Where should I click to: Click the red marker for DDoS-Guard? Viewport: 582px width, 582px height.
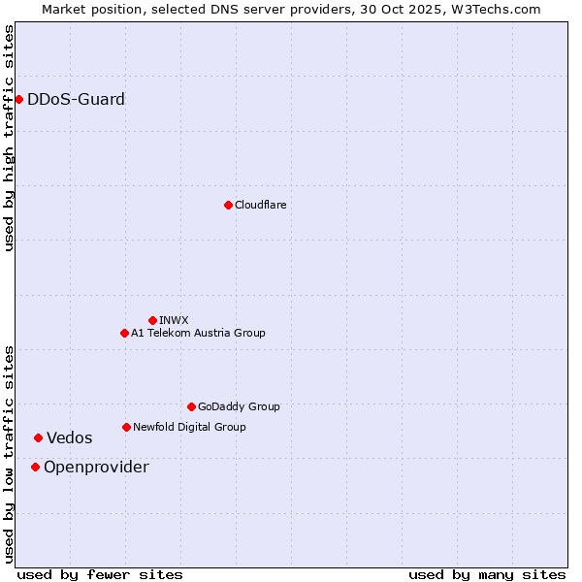coord(18,99)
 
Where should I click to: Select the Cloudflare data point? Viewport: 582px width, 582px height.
coord(228,205)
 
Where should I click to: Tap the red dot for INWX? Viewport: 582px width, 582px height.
coord(152,320)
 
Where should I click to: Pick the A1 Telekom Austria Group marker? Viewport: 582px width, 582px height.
coord(124,333)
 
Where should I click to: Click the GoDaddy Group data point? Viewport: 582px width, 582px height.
coord(191,406)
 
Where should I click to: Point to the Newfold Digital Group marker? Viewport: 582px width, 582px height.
coord(126,427)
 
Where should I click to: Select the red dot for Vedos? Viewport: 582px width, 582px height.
coord(38,437)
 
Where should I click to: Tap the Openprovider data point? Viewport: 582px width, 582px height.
coord(35,467)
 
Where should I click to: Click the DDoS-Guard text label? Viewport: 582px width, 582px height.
coord(76,99)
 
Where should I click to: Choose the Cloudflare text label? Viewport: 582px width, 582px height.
coord(260,205)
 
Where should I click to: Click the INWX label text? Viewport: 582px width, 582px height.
coord(174,320)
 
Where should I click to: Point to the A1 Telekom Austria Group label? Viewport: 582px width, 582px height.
coord(198,333)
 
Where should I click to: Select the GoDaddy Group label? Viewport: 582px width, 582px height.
coord(239,406)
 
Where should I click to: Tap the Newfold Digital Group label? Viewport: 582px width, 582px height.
coord(189,427)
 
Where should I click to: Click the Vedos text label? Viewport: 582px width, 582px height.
coord(70,437)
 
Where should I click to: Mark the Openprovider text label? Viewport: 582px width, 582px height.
coord(96,467)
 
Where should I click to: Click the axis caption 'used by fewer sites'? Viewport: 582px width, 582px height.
coord(100,574)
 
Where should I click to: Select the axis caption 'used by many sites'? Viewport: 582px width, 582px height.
coord(487,574)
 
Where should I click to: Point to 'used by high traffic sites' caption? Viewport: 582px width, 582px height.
coord(9,138)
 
